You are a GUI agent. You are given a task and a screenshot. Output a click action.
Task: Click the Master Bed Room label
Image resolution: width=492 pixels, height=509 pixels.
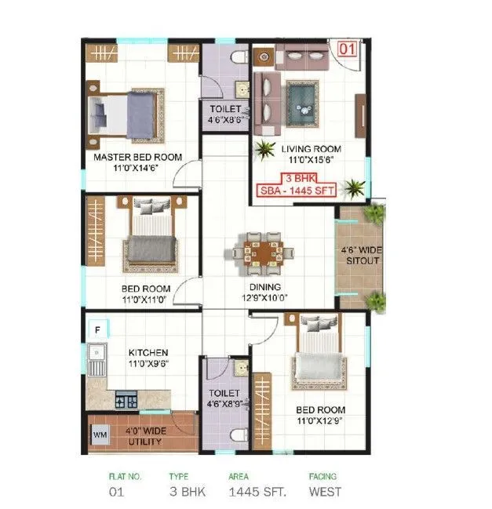tap(137, 157)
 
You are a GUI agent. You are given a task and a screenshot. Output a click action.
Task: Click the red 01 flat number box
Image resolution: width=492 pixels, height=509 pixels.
tap(348, 49)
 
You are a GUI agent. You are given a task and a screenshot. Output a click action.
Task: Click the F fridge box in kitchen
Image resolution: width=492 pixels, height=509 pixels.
tap(97, 330)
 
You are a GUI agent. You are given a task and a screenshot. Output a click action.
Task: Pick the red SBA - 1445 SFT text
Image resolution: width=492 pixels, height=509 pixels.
tap(304, 189)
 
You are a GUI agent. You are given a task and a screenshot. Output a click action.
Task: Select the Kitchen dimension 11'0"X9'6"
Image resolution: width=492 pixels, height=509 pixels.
tap(148, 364)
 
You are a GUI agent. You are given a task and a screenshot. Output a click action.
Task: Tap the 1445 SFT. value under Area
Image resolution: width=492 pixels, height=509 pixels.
tap(256, 493)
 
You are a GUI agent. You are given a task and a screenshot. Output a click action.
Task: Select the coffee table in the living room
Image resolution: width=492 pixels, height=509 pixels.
tap(301, 102)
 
